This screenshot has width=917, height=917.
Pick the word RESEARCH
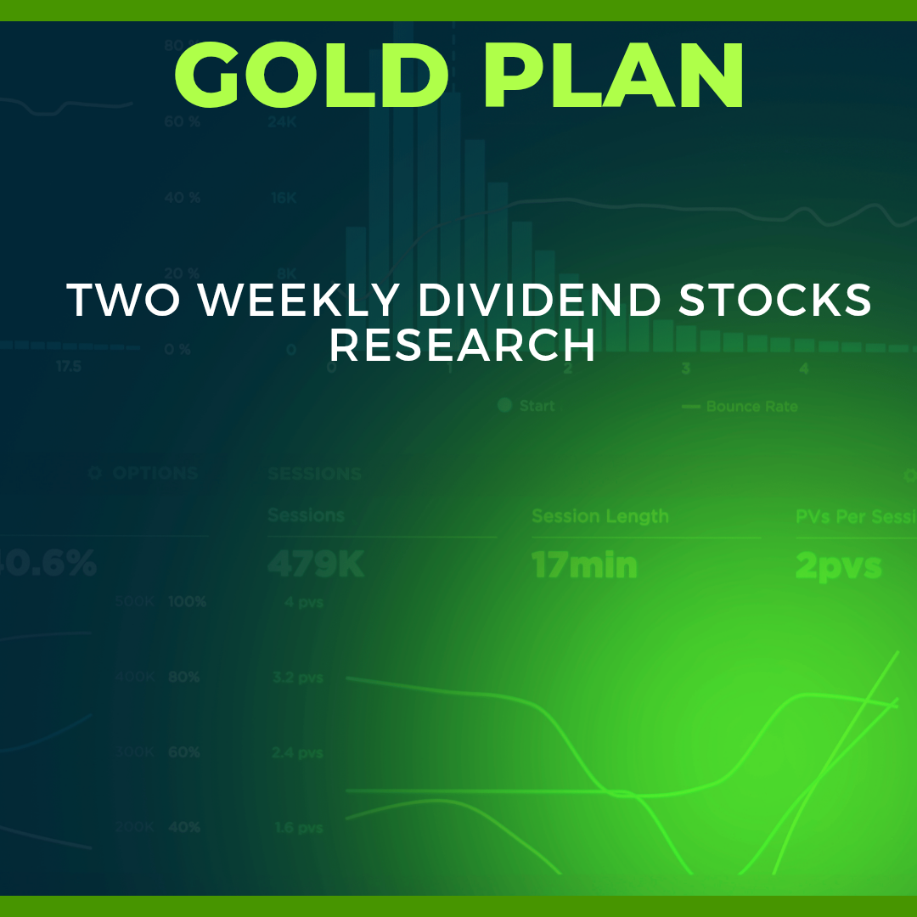tap(463, 346)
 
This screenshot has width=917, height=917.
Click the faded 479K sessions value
tap(315, 565)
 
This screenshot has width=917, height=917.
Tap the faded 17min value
tap(584, 565)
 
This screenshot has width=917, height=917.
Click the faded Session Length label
tap(600, 516)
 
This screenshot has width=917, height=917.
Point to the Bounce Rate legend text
tap(751, 407)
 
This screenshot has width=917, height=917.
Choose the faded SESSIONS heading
tap(314, 474)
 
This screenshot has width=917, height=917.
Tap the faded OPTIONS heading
tap(155, 474)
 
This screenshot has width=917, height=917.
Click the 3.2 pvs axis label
tap(298, 678)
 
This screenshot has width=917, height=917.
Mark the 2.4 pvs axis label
tap(298, 753)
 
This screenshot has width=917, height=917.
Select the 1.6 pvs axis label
tap(298, 828)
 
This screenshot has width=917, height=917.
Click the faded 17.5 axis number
tap(69, 367)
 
